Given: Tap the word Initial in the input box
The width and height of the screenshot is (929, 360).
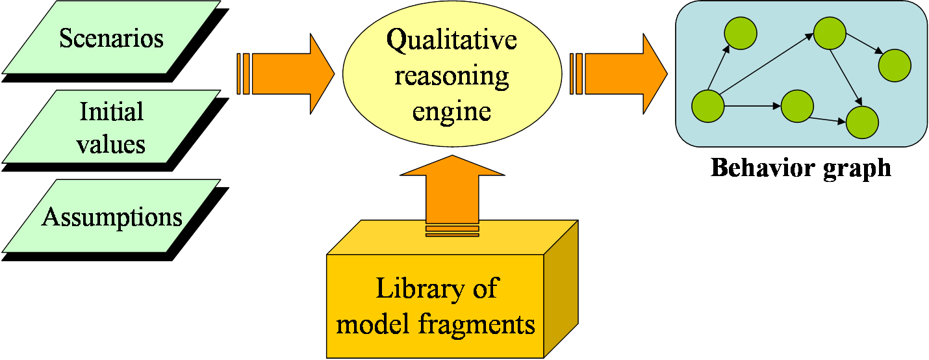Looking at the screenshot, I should pyautogui.click(x=112, y=112).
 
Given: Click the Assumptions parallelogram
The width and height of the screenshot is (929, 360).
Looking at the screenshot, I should pyautogui.click(x=112, y=216).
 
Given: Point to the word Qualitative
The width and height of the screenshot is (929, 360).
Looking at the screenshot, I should pyautogui.click(x=452, y=40).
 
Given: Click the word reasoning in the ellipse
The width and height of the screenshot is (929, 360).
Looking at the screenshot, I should pyautogui.click(x=452, y=75).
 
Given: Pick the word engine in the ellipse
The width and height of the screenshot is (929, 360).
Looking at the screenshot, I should pyautogui.click(x=452, y=111).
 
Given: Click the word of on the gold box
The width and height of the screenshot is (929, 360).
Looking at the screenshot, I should pyautogui.click(x=483, y=289).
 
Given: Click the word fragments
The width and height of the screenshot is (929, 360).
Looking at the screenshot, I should pyautogui.click(x=474, y=324).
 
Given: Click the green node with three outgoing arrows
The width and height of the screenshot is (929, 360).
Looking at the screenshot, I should pyautogui.click(x=708, y=106).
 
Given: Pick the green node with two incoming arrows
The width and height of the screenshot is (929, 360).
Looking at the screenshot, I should pyautogui.click(x=862, y=122).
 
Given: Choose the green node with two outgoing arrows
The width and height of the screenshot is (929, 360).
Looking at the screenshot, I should pyautogui.click(x=828, y=32).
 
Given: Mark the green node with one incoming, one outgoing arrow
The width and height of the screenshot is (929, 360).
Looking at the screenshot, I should pyautogui.click(x=797, y=107).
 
